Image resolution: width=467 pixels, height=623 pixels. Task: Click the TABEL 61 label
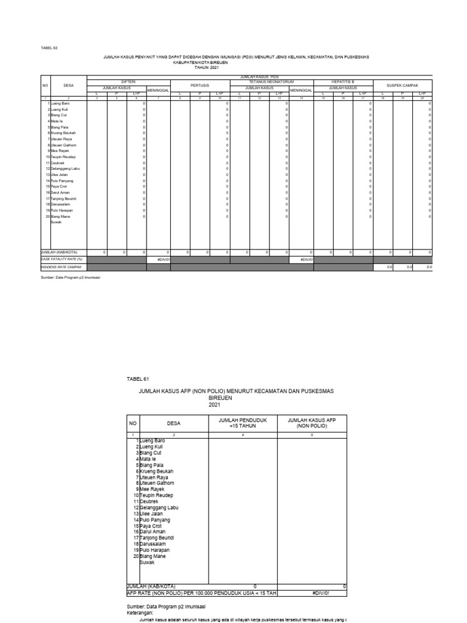pyautogui.click(x=137, y=378)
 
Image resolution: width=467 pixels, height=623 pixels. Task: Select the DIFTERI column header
pyautogui.click(x=128, y=81)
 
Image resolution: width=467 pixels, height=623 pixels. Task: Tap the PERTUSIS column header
pyautogui.click(x=199, y=86)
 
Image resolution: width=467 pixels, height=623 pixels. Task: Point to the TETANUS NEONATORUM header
pyautogui.click(x=271, y=81)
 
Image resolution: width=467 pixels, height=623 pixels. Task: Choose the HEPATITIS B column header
pyautogui.click(x=342, y=81)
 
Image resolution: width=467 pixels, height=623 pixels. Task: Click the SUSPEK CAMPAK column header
pyautogui.click(x=402, y=86)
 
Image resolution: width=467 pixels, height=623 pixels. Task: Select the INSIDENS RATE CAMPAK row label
pyautogui.click(x=61, y=266)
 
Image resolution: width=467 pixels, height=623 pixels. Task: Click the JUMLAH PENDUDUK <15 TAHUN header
pyautogui.click(x=243, y=423)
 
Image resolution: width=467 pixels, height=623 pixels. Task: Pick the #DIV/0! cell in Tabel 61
pyautogui.click(x=320, y=592)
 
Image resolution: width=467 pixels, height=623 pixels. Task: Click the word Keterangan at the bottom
pyautogui.click(x=142, y=613)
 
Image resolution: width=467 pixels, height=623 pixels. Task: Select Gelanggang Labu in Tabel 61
pyautogui.click(x=159, y=507)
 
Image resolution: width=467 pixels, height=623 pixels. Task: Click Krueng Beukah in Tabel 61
pyautogui.click(x=156, y=471)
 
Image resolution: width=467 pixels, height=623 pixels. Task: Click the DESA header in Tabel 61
pyautogui.click(x=174, y=423)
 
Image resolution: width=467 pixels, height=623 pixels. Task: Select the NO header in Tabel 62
pyautogui.click(x=45, y=86)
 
